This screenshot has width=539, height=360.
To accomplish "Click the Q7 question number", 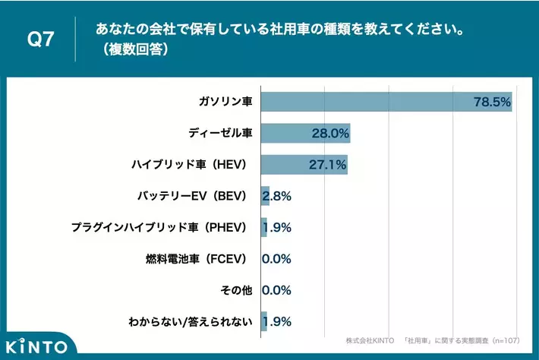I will [40, 39].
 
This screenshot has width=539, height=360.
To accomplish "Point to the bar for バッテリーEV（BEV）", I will [264, 196].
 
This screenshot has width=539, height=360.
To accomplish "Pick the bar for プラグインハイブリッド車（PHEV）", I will [263, 227].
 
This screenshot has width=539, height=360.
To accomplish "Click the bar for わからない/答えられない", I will [263, 321].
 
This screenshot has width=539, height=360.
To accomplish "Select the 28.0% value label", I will [329, 134].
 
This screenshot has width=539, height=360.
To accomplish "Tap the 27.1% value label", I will [328, 165].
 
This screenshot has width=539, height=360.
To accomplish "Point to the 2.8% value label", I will [277, 196].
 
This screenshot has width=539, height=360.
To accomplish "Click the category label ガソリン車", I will [225, 102].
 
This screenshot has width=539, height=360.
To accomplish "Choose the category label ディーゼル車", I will [220, 134].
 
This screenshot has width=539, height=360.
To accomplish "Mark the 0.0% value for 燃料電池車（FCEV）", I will [277, 259].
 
